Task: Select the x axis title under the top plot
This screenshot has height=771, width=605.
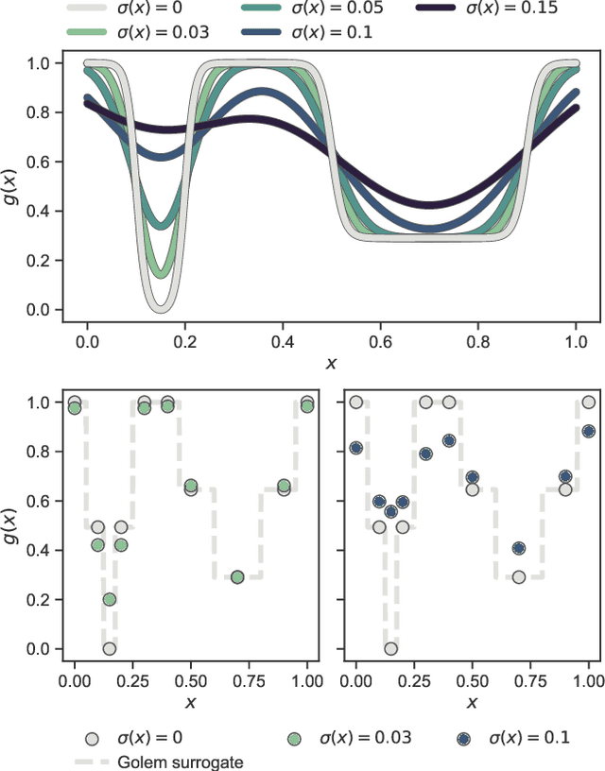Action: (331, 363)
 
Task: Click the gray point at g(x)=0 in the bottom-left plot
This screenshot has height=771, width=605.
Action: (110, 648)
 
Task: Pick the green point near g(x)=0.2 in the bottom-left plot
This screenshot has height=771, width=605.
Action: (110, 599)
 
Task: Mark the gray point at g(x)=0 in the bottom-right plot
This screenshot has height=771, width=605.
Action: (390, 648)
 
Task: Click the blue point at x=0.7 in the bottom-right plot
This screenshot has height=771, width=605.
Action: (519, 548)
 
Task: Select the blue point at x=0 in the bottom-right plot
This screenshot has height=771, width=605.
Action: (356, 448)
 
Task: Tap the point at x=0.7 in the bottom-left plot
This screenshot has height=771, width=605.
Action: (237, 576)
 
